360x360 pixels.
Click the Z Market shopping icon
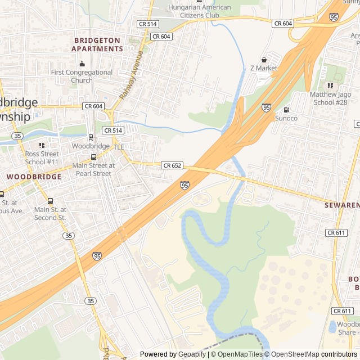pos(264,60)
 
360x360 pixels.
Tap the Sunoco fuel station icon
pos(286,110)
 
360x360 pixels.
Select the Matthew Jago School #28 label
pos(330,98)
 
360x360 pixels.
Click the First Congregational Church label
pos(82,76)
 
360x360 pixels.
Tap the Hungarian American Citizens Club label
pos(199,11)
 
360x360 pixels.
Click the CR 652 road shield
pos(172,165)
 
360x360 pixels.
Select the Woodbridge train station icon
pos(91,137)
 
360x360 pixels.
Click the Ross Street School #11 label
pos(42,157)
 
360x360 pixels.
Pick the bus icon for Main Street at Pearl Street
pos(93,157)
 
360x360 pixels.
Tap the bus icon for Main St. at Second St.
pos(50,201)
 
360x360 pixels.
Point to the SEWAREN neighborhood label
pos(341,205)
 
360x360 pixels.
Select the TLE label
pos(119,147)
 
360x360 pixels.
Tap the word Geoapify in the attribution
pos(192,354)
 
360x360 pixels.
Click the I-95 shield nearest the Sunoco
pos(266,107)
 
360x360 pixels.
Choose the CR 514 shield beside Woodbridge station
pos(112,130)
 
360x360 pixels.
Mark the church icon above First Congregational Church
pos(82,64)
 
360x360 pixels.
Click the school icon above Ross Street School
pos(42,145)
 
